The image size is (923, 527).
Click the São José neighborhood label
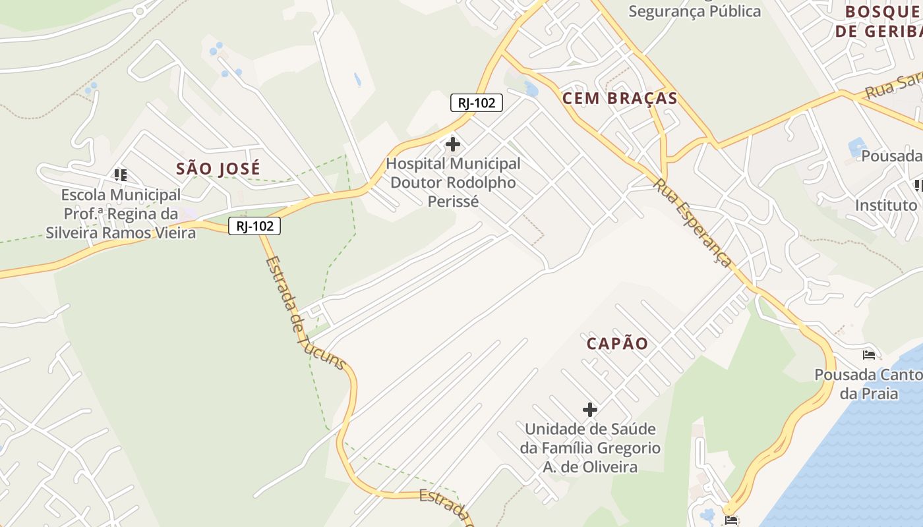pos(218,169)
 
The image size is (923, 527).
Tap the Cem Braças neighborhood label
pos(620,99)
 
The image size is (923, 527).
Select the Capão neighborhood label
pos(618,343)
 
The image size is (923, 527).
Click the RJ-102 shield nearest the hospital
pos(477,103)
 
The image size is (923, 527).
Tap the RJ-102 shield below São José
pos(254,226)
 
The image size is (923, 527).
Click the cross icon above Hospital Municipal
pos(453,144)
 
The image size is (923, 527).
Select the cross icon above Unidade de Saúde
pos(590,410)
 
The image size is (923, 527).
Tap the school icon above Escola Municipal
pos(120,175)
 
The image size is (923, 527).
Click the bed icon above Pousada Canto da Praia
pos(869,355)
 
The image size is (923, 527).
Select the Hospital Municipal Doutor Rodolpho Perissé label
pos(453,182)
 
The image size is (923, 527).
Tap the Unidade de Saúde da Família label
pos(590,448)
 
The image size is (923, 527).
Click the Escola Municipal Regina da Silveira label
pos(121,214)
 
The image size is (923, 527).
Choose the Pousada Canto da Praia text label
pos(868,384)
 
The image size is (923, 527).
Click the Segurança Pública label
pos(694,11)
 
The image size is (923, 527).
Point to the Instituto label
pos(886,206)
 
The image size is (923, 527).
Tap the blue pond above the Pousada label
pos(857,146)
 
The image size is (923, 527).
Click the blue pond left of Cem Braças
pos(531,89)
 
